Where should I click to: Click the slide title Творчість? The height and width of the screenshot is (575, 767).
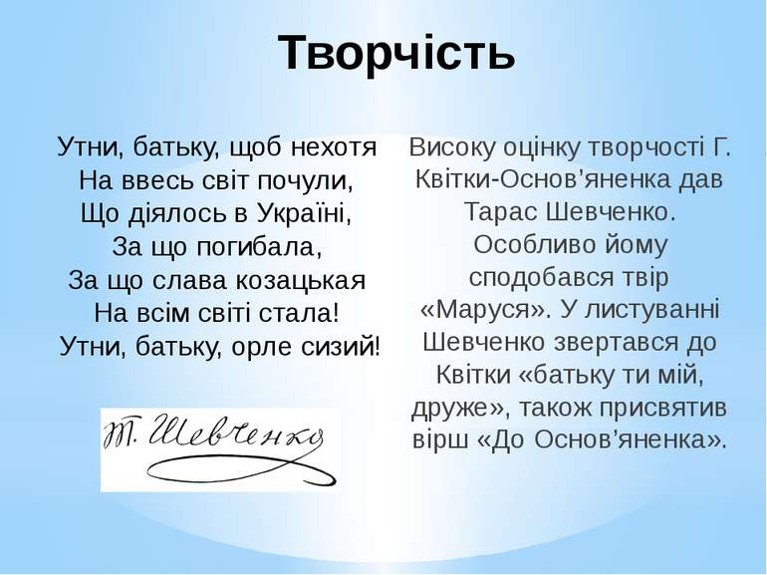pos(396,52)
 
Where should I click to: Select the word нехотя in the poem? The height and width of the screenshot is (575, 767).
pos(334,146)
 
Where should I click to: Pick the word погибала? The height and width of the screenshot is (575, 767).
pos(259,246)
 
